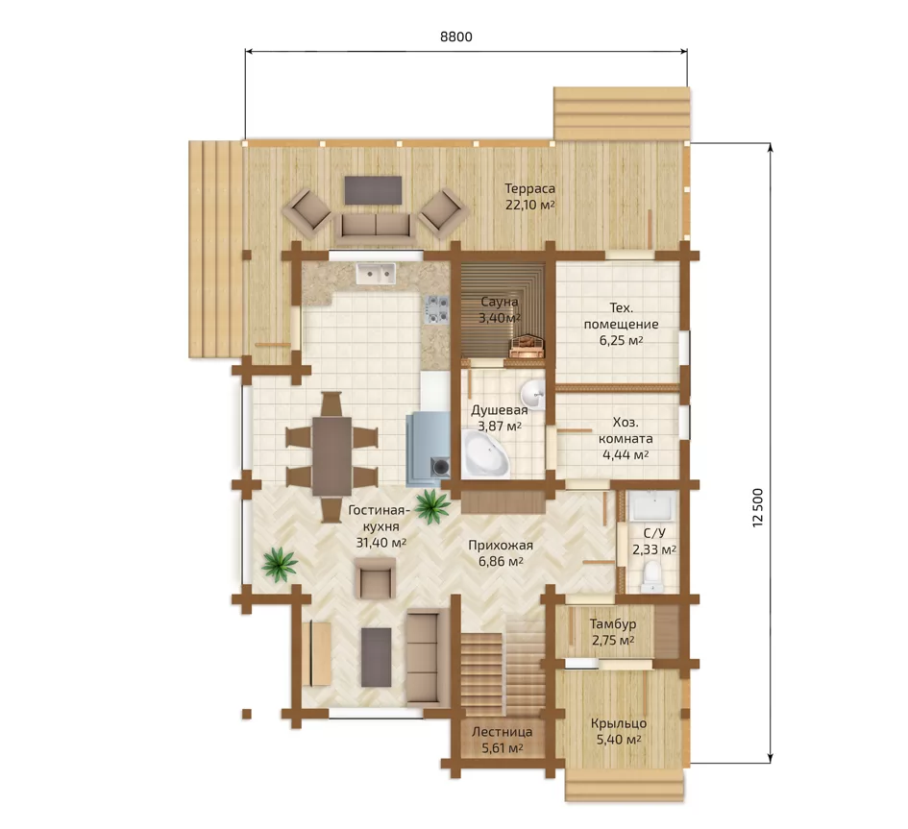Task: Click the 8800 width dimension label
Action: point(456,37)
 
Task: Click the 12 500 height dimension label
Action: point(758,508)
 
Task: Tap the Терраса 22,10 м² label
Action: point(529,196)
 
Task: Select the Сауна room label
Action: point(500,302)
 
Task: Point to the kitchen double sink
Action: point(376,274)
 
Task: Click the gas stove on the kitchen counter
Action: point(437,309)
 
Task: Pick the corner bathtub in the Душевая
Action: point(486,452)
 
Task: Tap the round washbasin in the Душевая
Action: point(532,395)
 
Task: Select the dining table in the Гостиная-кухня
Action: point(331,455)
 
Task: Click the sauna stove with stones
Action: point(527,346)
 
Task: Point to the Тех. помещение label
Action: point(621,324)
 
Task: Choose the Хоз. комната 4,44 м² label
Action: point(626,439)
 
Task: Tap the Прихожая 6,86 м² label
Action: point(501,553)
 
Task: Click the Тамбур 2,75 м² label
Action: point(613,632)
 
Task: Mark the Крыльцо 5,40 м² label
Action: point(619,731)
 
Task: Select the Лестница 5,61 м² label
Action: point(503,740)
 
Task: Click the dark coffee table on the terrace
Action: point(374,190)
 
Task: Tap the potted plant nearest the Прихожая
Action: point(432,504)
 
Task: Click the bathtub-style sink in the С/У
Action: point(652,506)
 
